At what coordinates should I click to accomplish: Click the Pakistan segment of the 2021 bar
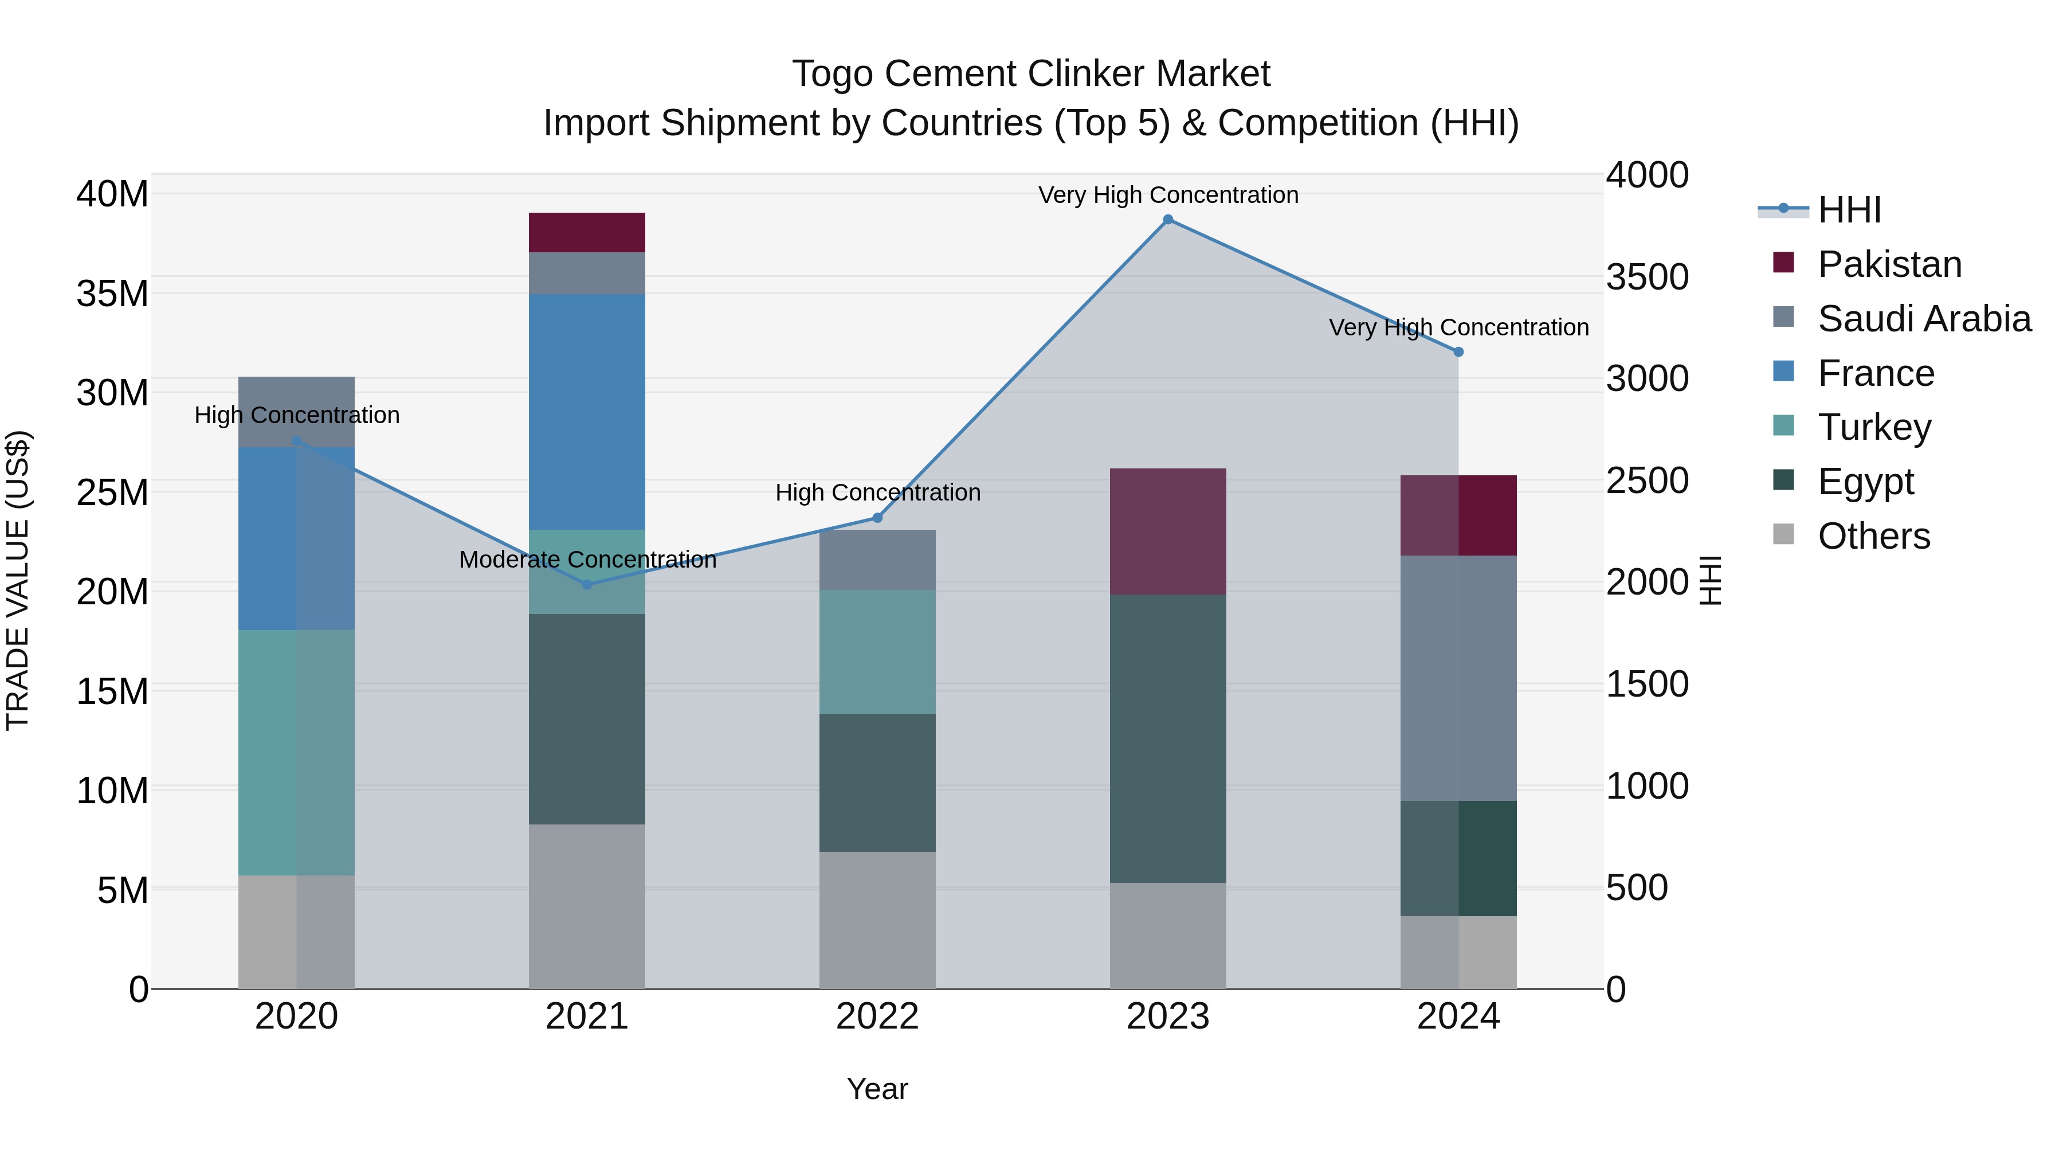pyautogui.click(x=586, y=232)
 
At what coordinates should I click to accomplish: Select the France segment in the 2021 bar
pyautogui.click(x=586, y=411)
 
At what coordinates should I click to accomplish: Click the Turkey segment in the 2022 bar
pyautogui.click(x=877, y=651)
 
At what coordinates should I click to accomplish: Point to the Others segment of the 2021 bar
pyautogui.click(x=586, y=905)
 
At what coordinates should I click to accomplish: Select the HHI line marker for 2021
pyautogui.click(x=586, y=585)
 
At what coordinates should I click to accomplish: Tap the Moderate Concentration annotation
pyautogui.click(x=587, y=559)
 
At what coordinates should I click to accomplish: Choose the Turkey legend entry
pyautogui.click(x=1874, y=427)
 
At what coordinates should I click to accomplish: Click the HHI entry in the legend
pyautogui.click(x=1848, y=210)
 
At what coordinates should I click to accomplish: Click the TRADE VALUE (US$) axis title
pyautogui.click(x=18, y=580)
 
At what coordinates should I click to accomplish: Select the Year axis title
pyautogui.click(x=877, y=1089)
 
